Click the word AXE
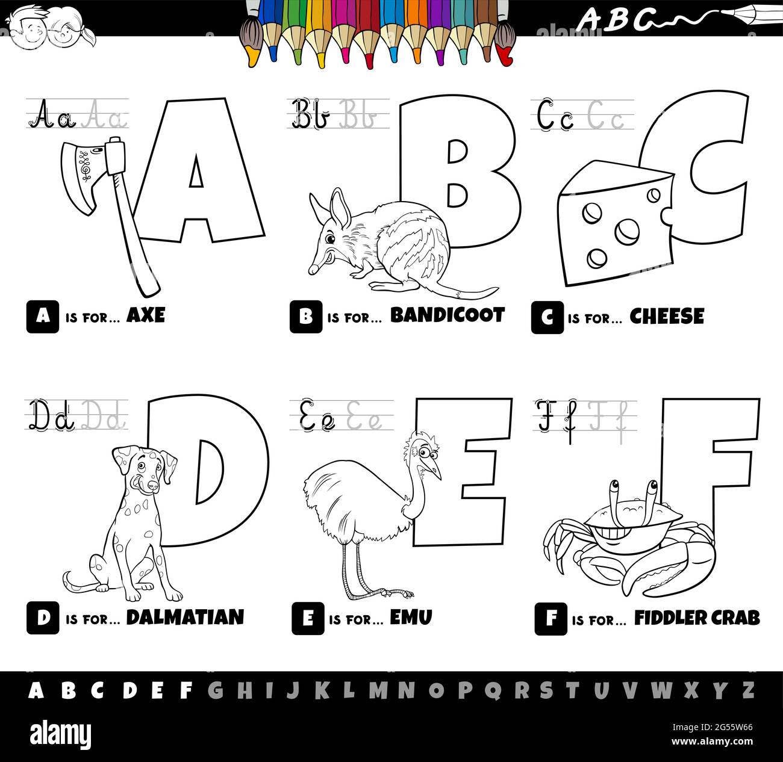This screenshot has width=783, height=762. click(x=145, y=315)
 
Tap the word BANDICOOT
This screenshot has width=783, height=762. click(x=448, y=315)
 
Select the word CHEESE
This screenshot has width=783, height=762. click(x=667, y=317)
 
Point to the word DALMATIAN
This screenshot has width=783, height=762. click(x=185, y=617)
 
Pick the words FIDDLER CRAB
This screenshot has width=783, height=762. click(x=697, y=618)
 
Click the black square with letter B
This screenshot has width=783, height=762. click(x=305, y=317)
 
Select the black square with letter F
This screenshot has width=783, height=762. click(x=550, y=619)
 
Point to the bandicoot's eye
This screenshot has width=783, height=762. click(x=330, y=240)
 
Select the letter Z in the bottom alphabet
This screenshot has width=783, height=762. click(x=747, y=690)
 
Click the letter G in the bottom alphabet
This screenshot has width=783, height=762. click(x=215, y=690)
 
